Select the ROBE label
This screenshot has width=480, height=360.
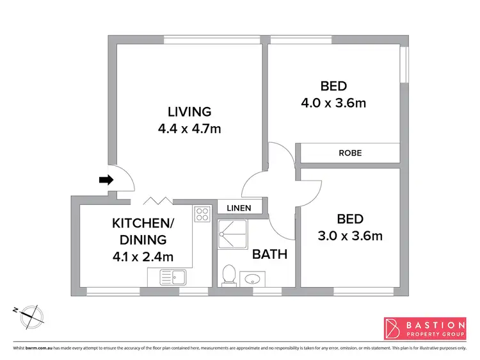coord(350,153)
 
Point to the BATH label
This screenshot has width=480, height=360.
coord(269,254)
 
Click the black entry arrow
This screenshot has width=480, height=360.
coord(105,180)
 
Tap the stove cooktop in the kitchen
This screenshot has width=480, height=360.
coord(202,213)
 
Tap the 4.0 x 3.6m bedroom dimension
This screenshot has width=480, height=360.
coord(333,102)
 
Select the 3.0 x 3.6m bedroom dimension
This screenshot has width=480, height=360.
coord(350,236)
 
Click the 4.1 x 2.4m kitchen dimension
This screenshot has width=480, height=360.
coord(142,257)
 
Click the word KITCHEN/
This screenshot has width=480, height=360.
coord(142,224)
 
